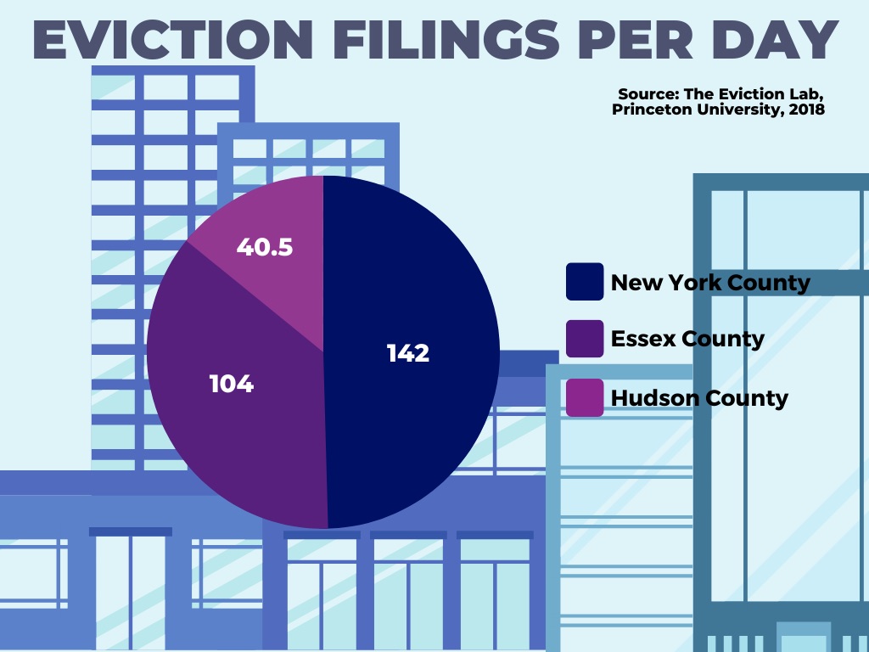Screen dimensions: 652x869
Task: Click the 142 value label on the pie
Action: point(408,353)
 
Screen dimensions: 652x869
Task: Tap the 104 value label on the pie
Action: point(232,384)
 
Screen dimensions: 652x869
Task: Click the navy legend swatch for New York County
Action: point(585,282)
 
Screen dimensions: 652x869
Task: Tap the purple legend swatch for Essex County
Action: point(585,339)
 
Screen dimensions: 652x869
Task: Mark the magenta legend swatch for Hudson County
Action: point(585,397)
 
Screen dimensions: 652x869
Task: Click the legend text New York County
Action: point(710,283)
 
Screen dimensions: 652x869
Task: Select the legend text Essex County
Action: point(687,340)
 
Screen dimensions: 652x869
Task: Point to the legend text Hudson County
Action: point(699,397)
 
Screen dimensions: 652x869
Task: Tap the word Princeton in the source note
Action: point(653,110)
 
